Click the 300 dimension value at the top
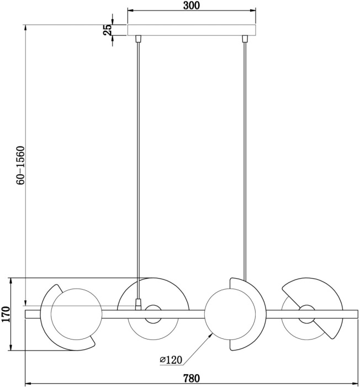[x=191, y=6]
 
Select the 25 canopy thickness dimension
[x=108, y=30]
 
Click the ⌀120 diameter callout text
[x=171, y=360]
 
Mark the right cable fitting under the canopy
[x=244, y=39]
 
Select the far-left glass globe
[x=75, y=314]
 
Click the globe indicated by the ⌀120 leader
[x=231, y=314]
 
